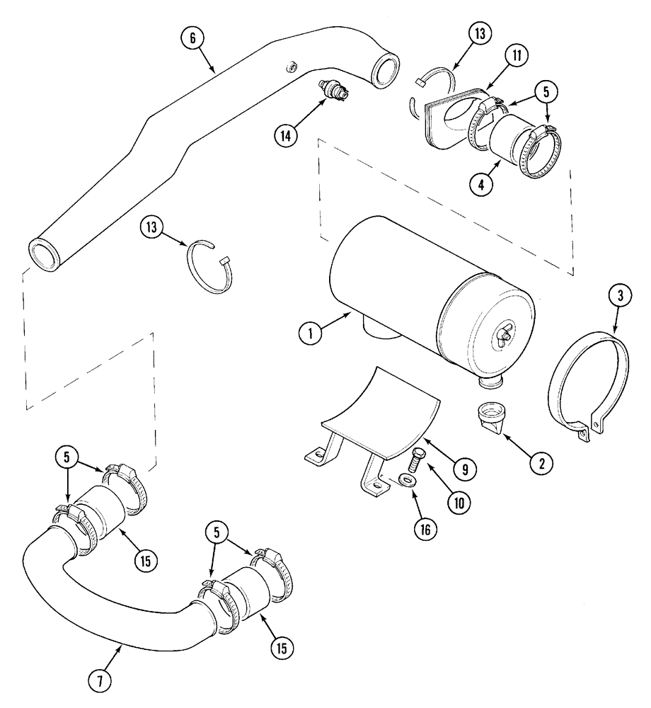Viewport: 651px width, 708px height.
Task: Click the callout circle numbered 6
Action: click(191, 39)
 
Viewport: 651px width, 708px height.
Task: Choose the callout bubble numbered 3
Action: click(619, 297)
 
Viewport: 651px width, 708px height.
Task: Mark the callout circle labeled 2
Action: click(541, 464)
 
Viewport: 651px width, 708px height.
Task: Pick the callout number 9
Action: click(466, 467)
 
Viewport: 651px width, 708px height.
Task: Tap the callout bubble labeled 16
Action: click(427, 527)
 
